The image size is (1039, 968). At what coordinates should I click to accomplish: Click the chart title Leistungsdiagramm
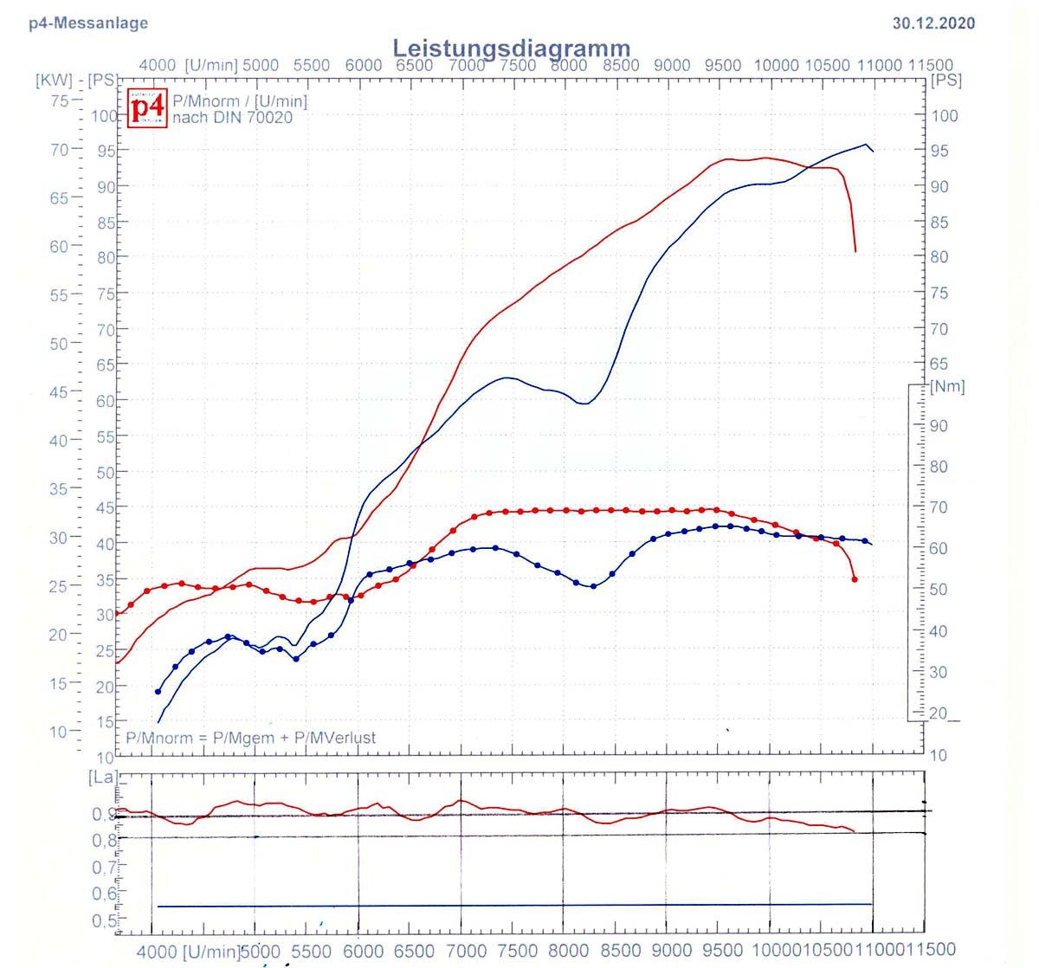tap(511, 48)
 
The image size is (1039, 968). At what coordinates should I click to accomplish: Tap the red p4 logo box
tap(146, 107)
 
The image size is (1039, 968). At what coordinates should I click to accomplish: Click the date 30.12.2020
tap(933, 23)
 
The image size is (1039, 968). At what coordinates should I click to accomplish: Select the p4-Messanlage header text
tap(88, 23)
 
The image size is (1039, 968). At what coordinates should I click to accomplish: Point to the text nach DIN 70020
tap(232, 117)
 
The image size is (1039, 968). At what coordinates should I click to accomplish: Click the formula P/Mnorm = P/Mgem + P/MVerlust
tap(251, 738)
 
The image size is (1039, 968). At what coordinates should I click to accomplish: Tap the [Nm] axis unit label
tap(946, 386)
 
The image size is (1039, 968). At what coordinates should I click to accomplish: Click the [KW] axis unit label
tap(54, 81)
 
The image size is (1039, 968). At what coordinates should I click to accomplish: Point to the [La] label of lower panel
tap(102, 777)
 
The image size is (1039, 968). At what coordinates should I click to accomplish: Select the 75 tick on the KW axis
tap(59, 100)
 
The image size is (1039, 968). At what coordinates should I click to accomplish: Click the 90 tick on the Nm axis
tap(939, 426)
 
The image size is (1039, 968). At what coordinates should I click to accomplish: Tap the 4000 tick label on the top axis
tap(157, 65)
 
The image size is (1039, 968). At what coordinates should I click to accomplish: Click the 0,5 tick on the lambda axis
tap(104, 920)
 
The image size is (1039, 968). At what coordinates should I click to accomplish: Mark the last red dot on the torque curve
tap(855, 579)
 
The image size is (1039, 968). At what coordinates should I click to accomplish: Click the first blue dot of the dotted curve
tap(158, 691)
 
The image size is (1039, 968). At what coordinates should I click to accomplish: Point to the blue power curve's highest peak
tap(866, 145)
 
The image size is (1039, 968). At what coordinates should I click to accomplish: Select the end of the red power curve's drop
tap(855, 251)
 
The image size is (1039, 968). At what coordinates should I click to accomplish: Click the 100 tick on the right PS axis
tap(945, 116)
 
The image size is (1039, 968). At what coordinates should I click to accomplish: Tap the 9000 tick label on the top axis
tap(672, 65)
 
